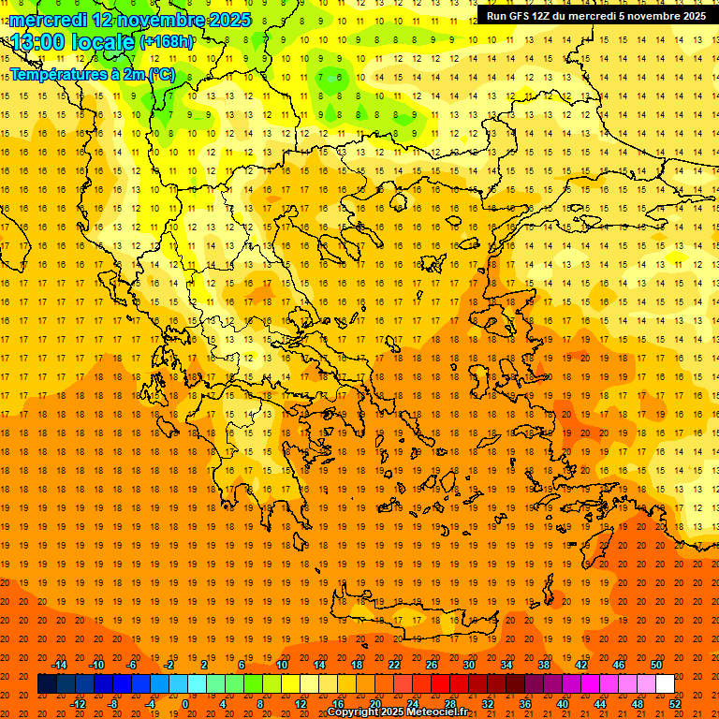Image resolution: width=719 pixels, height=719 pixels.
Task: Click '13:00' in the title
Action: (37, 42)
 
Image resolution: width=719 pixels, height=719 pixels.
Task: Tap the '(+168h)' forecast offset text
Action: (167, 42)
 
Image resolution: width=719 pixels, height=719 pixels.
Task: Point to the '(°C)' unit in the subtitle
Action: (160, 73)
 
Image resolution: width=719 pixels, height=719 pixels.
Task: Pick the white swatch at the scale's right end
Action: (665, 684)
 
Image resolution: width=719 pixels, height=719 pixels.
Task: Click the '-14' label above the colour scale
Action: (59, 665)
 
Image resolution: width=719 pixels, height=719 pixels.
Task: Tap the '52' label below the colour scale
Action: (675, 704)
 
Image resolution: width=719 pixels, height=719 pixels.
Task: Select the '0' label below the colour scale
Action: (185, 704)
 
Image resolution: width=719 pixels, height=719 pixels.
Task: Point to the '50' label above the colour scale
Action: (655, 665)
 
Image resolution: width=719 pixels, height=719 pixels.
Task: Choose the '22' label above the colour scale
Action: (394, 665)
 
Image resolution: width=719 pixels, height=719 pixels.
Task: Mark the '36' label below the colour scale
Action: (525, 704)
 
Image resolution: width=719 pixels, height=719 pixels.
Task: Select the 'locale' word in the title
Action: (104, 42)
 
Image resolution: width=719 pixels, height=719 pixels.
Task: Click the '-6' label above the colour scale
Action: (133, 665)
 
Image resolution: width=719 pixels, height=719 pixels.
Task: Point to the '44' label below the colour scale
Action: (600, 704)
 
